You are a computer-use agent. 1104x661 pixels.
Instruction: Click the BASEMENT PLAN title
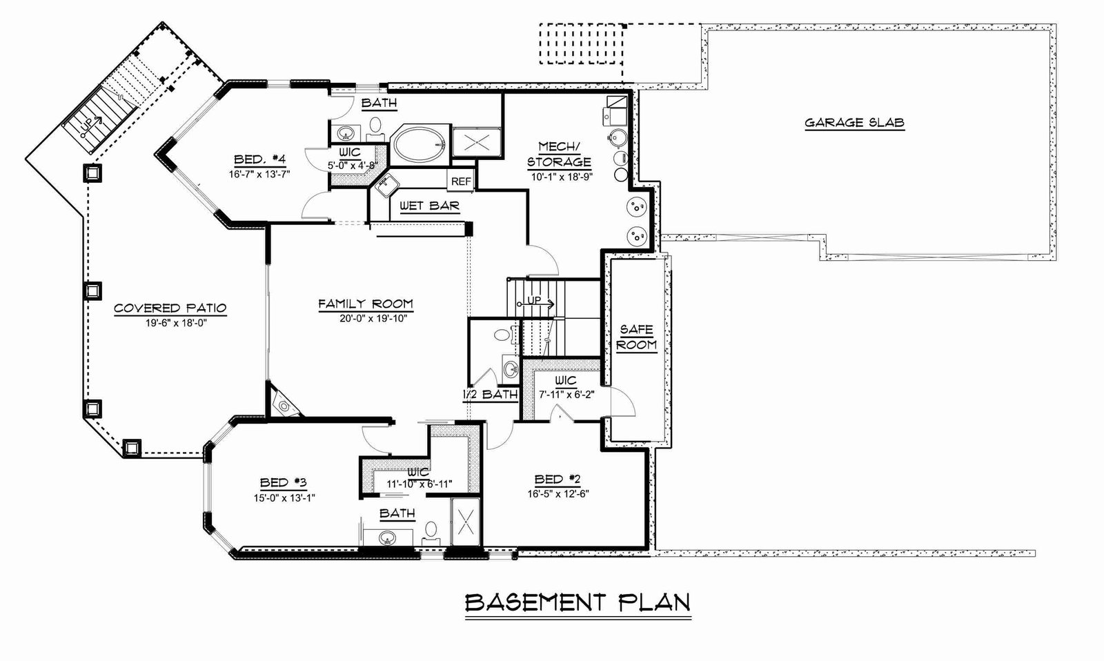pyautogui.click(x=578, y=602)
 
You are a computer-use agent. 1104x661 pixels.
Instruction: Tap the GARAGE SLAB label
pyautogui.click(x=854, y=122)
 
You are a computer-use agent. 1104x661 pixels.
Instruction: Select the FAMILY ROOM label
pyautogui.click(x=365, y=304)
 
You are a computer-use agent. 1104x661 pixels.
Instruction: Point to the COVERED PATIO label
pyautogui.click(x=170, y=308)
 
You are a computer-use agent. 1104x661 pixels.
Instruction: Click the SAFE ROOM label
pyautogui.click(x=636, y=337)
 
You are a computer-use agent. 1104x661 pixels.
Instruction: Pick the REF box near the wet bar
pyautogui.click(x=461, y=181)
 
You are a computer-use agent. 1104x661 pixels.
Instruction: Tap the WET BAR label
pyautogui.click(x=429, y=206)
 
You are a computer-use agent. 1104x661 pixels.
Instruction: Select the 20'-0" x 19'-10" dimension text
pyautogui.click(x=373, y=318)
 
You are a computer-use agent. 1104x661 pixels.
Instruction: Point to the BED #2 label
pyautogui.click(x=558, y=479)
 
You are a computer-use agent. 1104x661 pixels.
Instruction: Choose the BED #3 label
pyautogui.click(x=284, y=482)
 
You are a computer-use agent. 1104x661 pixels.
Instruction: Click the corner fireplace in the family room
pyautogui.click(x=282, y=402)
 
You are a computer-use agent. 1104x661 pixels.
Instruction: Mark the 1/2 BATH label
pyautogui.click(x=490, y=395)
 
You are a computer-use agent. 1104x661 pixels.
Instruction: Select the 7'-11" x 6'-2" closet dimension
pyautogui.click(x=566, y=395)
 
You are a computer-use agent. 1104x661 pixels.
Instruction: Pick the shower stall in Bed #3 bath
pyautogui.click(x=465, y=522)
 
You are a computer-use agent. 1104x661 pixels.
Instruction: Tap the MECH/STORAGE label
pyautogui.click(x=559, y=155)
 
